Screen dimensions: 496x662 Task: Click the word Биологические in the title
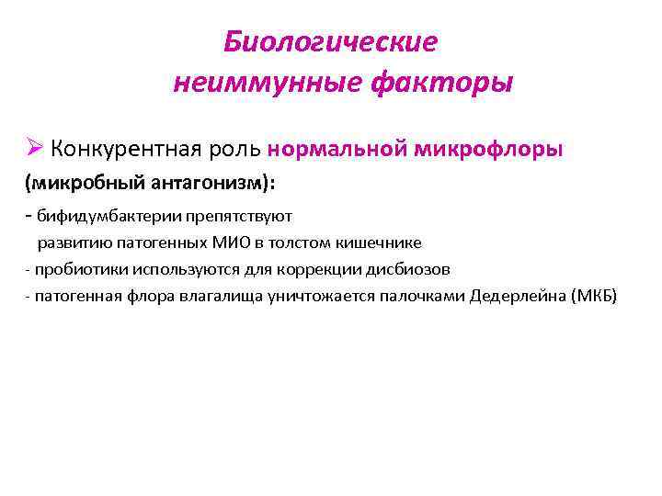pos(331,42)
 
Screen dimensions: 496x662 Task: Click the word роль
pos(239,149)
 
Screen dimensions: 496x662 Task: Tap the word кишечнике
pos(377,243)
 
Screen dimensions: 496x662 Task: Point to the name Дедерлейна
pos(517,297)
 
